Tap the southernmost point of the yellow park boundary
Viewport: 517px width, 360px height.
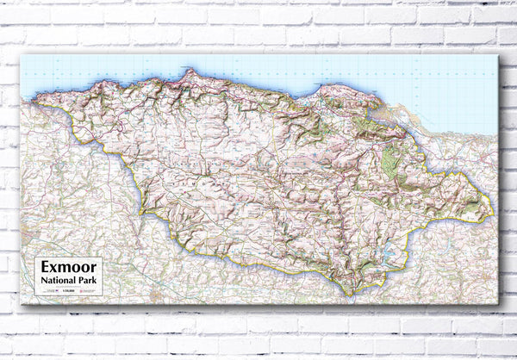tap(349, 295)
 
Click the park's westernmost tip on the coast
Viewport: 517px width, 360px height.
tap(36, 102)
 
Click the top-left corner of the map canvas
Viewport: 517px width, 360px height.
tap(21, 55)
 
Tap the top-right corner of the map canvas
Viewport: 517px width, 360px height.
tap(498, 55)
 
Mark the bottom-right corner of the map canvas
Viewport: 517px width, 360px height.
tap(498, 303)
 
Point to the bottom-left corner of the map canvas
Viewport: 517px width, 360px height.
tap(21, 303)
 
